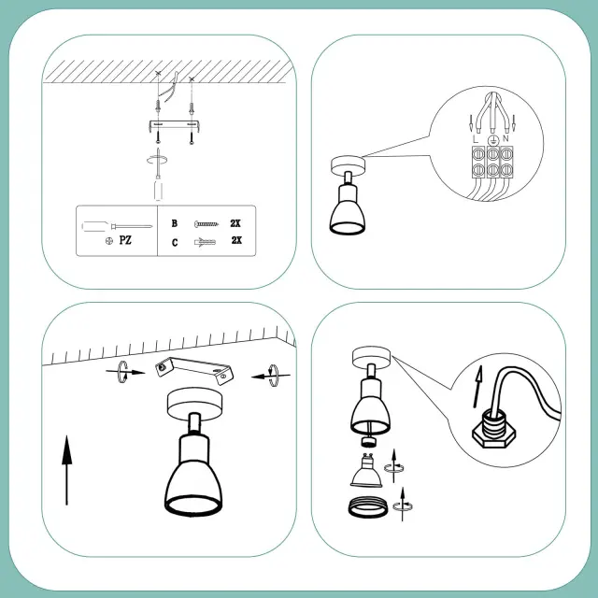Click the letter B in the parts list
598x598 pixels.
click(175, 223)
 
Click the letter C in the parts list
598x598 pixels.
click(175, 243)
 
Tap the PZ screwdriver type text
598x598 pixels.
click(125, 240)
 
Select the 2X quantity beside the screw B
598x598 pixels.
click(235, 223)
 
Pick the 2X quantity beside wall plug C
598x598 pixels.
click(236, 240)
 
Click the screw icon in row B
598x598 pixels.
click(206, 224)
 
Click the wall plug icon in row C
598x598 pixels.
click(206, 242)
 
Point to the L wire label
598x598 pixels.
click(476, 139)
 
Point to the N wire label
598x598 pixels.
click(505, 138)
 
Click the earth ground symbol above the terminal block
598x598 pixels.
click(492, 140)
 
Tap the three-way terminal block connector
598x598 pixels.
click(492, 162)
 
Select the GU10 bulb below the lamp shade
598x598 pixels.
click(366, 470)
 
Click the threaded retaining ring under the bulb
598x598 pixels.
click(367, 506)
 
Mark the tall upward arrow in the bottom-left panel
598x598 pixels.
click(66, 470)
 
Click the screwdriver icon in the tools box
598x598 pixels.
click(117, 226)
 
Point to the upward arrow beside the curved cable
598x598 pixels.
click(477, 386)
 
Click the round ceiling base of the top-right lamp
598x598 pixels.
click(348, 164)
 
